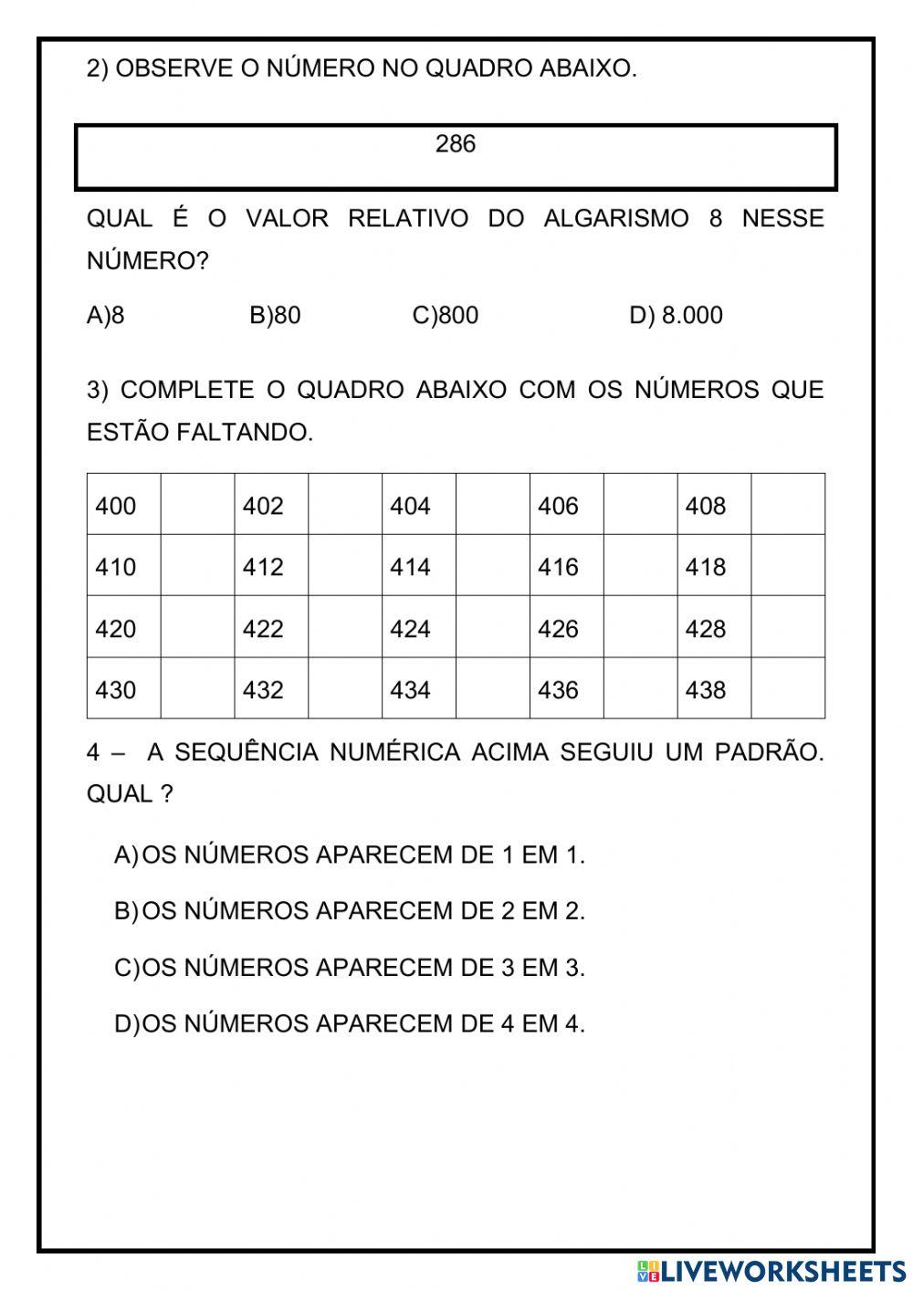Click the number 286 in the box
(456, 144)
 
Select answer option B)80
(275, 316)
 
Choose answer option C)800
(446, 316)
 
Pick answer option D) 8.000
(676, 316)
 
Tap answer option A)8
(106, 316)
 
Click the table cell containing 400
(123, 505)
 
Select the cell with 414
(418, 566)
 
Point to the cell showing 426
(566, 628)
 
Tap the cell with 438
(714, 689)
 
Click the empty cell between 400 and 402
(197, 505)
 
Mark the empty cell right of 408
(788, 505)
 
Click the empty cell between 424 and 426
(492, 628)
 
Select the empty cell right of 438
(788, 689)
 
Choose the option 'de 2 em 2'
(350, 911)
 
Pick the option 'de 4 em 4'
(350, 1023)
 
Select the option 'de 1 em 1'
(350, 855)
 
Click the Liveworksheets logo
(771, 1271)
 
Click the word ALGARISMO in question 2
(616, 219)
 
